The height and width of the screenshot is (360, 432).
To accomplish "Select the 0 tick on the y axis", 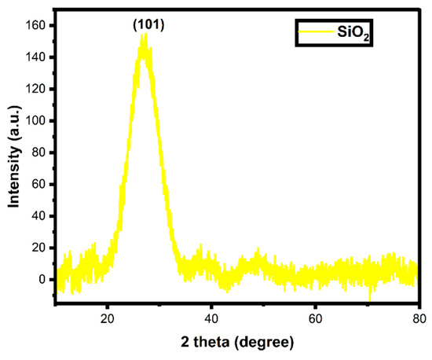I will point(44,279).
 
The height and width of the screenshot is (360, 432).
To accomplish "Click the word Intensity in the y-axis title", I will point(13,178).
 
